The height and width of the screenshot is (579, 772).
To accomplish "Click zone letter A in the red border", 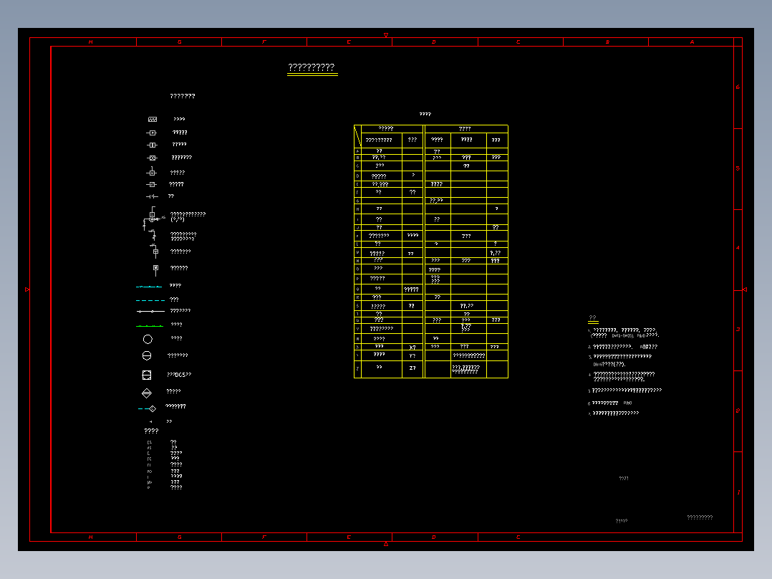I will [x=692, y=42].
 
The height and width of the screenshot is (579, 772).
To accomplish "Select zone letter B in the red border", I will [x=607, y=42].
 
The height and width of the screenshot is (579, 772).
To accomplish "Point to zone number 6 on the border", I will [x=738, y=87].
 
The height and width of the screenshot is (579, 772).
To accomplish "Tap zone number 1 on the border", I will [x=738, y=492].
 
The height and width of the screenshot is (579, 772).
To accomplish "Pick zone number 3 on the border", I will [x=738, y=330].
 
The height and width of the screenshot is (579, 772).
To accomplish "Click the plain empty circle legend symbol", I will [x=148, y=339].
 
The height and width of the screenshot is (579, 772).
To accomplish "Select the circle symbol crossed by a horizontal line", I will [x=147, y=355].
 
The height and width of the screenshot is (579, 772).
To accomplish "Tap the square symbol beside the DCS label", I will [x=147, y=375].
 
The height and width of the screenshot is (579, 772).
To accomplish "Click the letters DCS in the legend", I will [x=180, y=375].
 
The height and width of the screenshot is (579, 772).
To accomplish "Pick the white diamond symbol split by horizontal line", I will [x=147, y=393].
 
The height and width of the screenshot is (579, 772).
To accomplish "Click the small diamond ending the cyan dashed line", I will [x=152, y=408].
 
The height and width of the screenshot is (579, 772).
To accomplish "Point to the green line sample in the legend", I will [x=149, y=325].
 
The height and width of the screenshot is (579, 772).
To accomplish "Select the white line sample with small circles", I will [x=150, y=312].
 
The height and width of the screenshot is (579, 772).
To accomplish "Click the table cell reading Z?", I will [x=412, y=368].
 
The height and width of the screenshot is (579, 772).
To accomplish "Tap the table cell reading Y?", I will [x=412, y=355].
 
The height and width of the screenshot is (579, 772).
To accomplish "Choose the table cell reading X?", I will [x=412, y=347].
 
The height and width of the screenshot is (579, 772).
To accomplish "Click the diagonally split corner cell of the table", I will [x=357, y=137].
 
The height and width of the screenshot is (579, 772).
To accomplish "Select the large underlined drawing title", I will [x=312, y=68].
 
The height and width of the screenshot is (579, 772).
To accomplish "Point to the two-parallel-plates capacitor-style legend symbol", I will [x=151, y=196].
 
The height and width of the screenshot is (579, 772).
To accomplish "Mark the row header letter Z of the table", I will [x=357, y=368].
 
